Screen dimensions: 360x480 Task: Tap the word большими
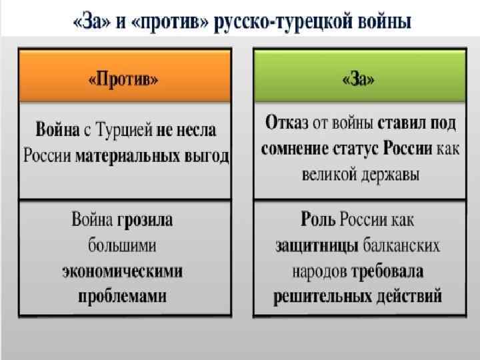click(123, 246)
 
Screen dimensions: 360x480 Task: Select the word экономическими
click(124, 271)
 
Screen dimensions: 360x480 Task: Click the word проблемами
click(123, 295)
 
